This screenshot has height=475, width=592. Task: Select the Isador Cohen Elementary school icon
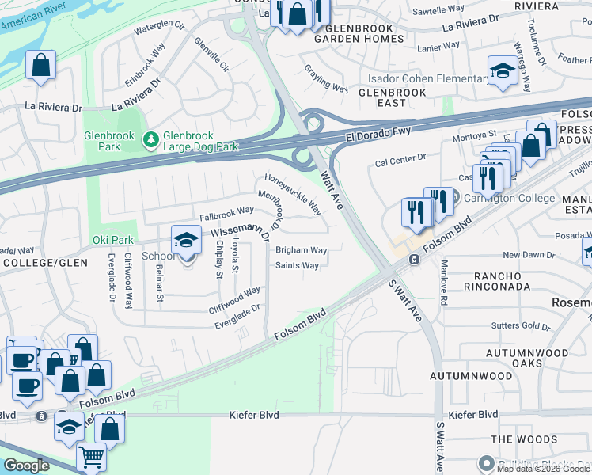502,71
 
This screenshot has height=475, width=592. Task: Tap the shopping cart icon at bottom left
91,457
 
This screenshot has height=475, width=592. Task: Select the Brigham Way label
301,250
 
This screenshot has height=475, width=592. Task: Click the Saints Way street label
298,266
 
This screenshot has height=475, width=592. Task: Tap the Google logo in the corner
26,465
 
